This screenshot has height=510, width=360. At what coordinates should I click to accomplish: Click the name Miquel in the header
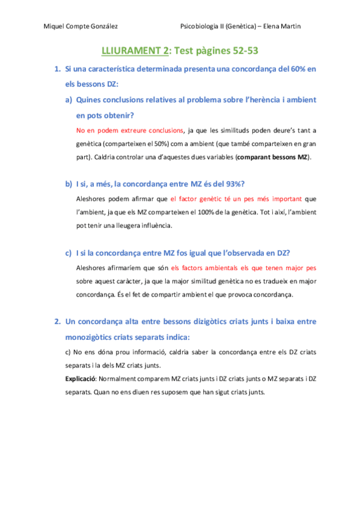point(56,26)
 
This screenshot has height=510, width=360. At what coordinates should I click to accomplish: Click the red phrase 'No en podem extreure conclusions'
point(130,130)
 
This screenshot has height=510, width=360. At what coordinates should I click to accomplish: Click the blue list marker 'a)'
point(69,99)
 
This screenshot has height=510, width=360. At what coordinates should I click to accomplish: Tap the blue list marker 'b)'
point(69,183)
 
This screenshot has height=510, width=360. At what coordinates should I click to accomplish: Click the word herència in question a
point(261,99)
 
